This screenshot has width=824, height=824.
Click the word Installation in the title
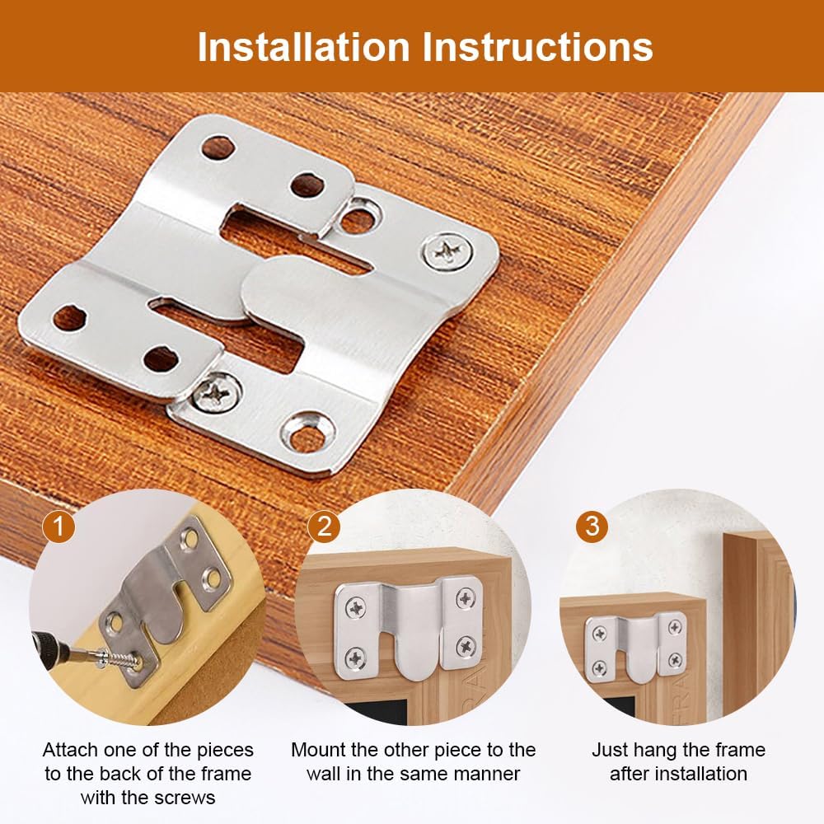pyautogui.click(x=304, y=47)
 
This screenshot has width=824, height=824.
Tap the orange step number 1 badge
pyautogui.click(x=59, y=526)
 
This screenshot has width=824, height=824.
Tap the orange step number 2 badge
pyautogui.click(x=324, y=526)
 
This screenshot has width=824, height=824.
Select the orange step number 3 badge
pyautogui.click(x=592, y=526)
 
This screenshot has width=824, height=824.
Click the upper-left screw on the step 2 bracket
pyautogui.click(x=356, y=608)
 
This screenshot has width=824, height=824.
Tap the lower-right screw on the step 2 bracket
pyautogui.click(x=466, y=646)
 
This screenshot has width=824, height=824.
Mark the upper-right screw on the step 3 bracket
pyautogui.click(x=675, y=627)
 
